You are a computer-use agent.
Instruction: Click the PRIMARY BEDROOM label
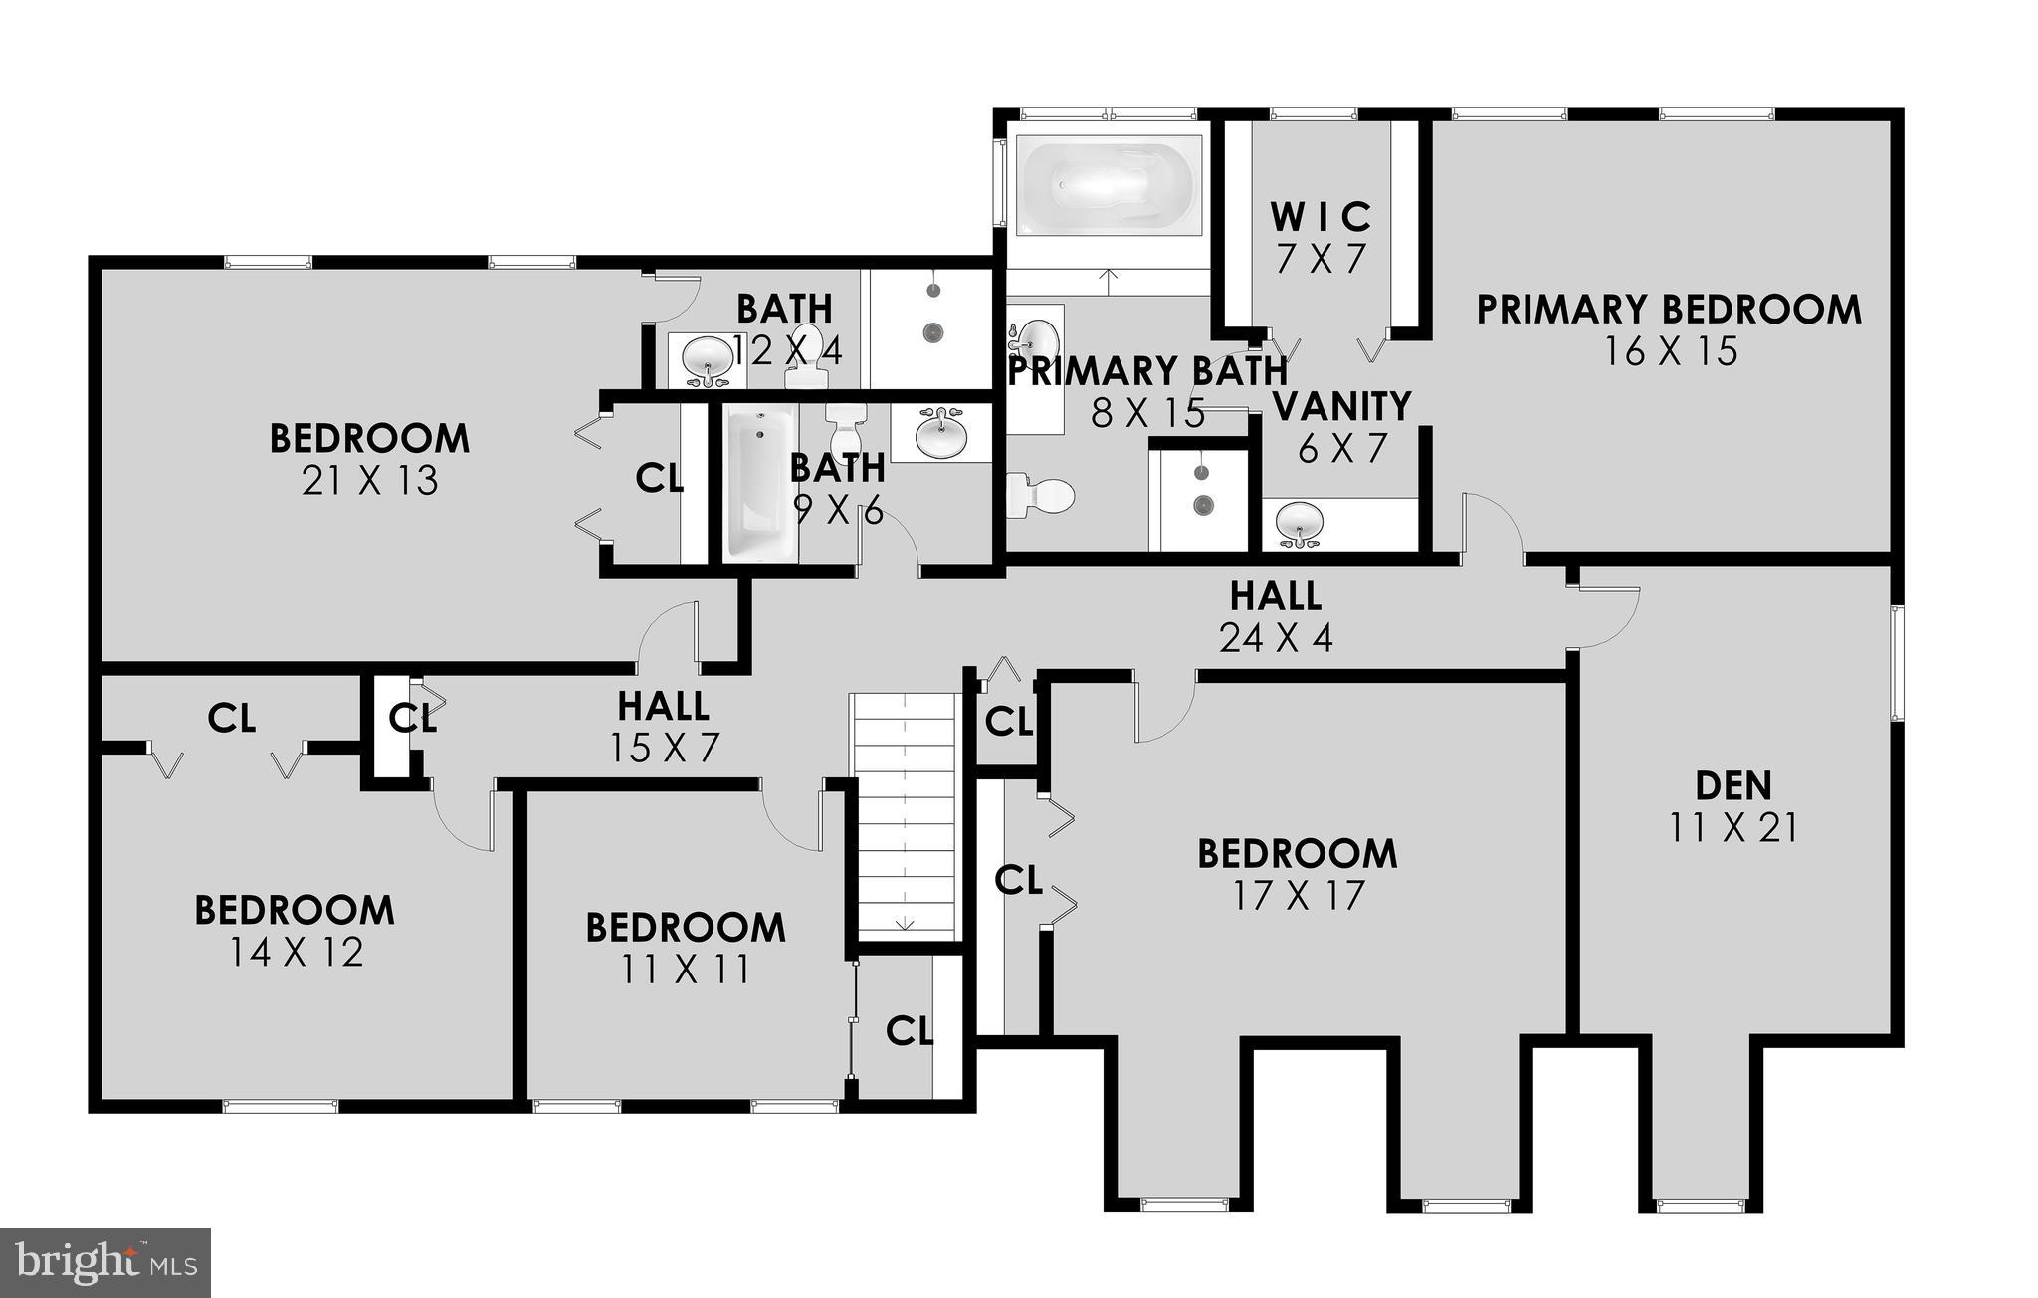pos(1669,310)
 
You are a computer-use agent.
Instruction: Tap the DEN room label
pos(1733,786)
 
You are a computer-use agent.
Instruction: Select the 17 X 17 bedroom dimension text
pos(1298,896)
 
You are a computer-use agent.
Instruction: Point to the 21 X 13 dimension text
pos(369,482)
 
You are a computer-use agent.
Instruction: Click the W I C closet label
pos(1322,216)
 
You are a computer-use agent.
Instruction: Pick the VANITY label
pos(1341,406)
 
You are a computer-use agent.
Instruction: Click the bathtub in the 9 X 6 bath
pos(760,483)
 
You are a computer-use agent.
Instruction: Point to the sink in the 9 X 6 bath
pos(940,433)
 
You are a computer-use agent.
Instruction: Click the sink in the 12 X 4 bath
pos(708,356)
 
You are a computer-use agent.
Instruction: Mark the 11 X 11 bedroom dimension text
pos(686,970)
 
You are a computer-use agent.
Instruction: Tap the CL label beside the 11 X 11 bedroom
pos(910,1031)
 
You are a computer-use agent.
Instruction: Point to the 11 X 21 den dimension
pos(1733,828)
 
